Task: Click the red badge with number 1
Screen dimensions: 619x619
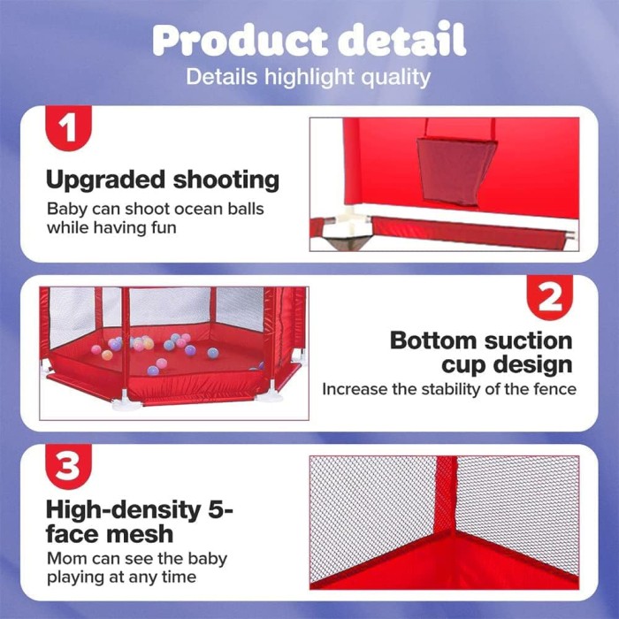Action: click(68, 127)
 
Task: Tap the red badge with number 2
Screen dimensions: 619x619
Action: click(550, 297)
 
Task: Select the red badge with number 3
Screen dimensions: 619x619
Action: click(68, 466)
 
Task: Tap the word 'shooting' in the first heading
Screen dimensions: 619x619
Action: click(226, 181)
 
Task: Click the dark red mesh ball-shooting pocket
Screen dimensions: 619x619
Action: click(455, 171)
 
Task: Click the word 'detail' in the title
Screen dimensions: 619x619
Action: click(401, 39)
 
